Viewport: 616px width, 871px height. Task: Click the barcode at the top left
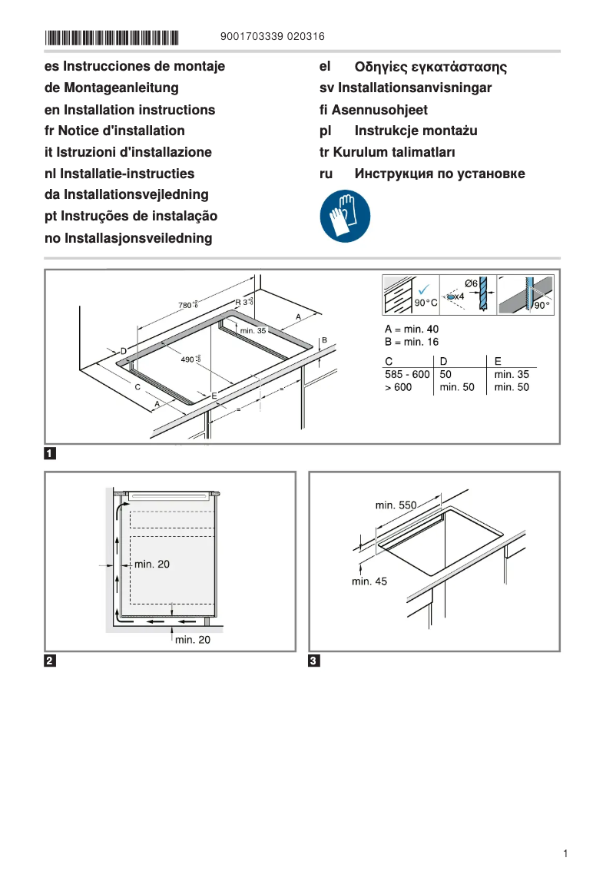click(x=112, y=37)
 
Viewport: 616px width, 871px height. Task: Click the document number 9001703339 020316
click(x=272, y=37)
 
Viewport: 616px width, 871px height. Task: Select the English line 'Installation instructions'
click(x=130, y=110)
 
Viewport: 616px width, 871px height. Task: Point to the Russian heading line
click(x=422, y=174)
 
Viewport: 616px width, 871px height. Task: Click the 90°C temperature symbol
click(x=426, y=303)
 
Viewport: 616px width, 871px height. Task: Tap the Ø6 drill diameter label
click(x=472, y=284)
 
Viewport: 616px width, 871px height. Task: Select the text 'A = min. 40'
click(x=412, y=330)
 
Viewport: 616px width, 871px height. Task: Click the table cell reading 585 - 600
click(x=406, y=374)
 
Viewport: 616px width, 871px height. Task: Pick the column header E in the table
click(x=498, y=361)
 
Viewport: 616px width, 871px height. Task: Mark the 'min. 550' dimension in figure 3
click(x=396, y=505)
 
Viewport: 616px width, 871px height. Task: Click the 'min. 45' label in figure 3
click(x=369, y=581)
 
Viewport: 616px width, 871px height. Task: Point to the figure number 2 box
click(x=50, y=661)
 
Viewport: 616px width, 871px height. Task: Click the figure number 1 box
click(x=50, y=453)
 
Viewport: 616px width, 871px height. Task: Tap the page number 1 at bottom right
click(x=565, y=853)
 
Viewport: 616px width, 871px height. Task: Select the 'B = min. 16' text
click(x=412, y=342)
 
